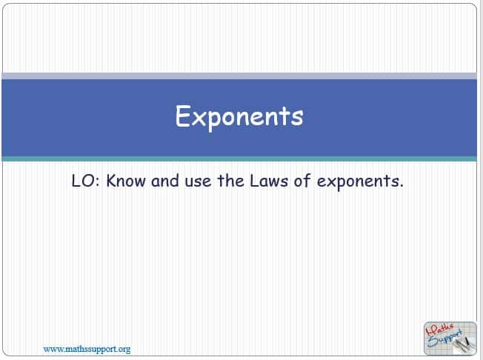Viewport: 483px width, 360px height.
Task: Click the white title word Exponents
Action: (239, 117)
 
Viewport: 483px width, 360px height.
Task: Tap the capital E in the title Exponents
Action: (181, 116)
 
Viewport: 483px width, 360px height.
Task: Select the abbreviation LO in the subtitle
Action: (84, 181)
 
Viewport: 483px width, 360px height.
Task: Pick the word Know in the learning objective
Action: (126, 181)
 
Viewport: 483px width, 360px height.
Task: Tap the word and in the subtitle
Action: (165, 181)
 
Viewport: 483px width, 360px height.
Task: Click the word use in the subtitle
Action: (198, 182)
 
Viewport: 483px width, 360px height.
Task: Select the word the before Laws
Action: (231, 181)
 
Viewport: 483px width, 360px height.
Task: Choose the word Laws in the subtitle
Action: (269, 181)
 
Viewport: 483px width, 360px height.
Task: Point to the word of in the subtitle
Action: (302, 181)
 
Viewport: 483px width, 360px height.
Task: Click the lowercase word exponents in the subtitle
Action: (357, 182)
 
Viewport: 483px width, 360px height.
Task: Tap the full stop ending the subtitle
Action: (401, 186)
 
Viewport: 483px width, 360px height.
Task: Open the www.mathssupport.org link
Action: (87, 349)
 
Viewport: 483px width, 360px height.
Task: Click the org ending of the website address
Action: (124, 350)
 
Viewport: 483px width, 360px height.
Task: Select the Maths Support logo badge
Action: (450, 339)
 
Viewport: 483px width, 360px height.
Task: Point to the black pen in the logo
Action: (466, 341)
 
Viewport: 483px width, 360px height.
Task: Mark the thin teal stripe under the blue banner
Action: (239, 159)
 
